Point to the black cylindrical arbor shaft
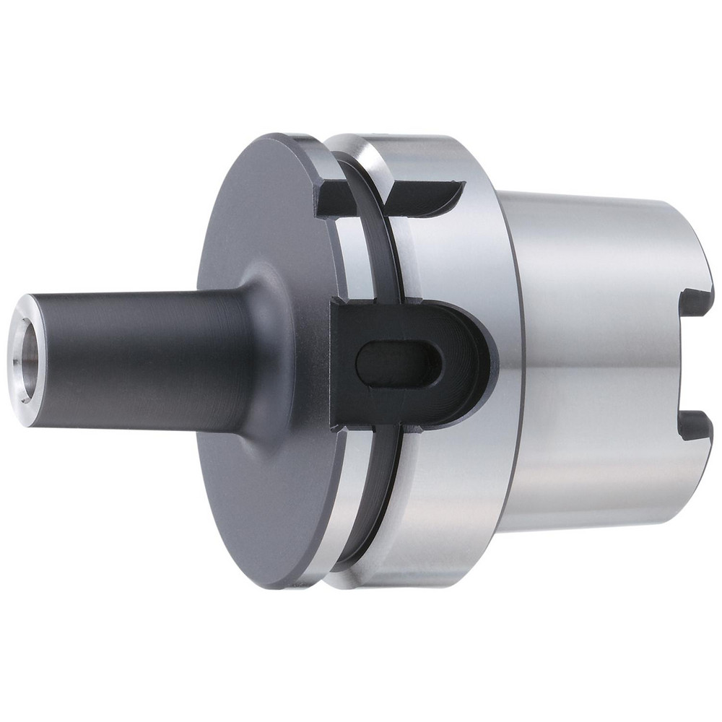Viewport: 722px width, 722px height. tap(137, 357)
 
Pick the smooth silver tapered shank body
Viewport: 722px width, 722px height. tap(599, 361)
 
